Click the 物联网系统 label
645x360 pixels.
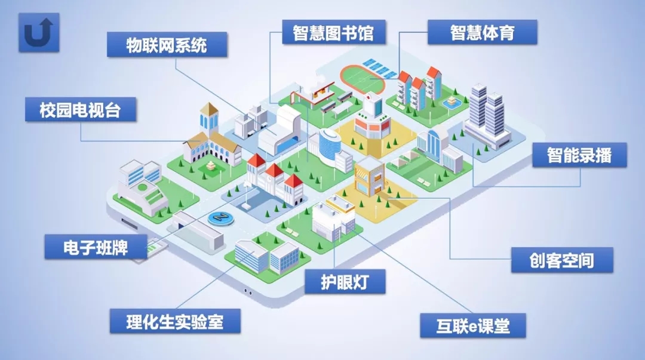coord(167,45)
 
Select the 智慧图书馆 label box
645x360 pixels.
coord(333,32)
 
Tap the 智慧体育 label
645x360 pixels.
coord(482,32)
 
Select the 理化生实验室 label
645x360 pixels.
coord(175,321)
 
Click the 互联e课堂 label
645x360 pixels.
coord(472,326)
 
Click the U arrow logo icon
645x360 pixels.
coord(39,32)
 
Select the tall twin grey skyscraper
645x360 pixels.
coord(487,116)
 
